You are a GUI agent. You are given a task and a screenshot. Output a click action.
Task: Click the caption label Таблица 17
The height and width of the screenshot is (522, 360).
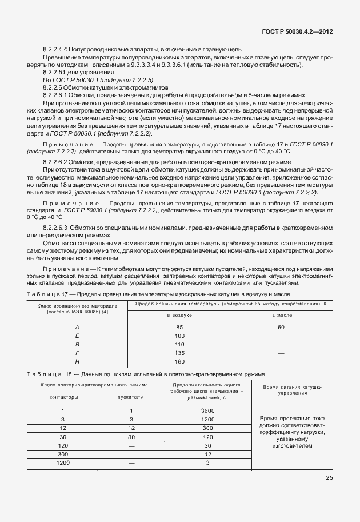(x=51, y=293)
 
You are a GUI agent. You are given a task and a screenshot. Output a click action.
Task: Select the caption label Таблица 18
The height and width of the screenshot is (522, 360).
(x=52, y=374)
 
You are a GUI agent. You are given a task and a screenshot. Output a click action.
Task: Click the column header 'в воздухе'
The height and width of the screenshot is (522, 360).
(x=179, y=315)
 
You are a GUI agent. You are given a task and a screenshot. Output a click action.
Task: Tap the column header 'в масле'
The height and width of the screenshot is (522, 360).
(x=281, y=315)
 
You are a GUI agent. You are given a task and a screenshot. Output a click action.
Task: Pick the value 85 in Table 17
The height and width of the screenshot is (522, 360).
(x=179, y=327)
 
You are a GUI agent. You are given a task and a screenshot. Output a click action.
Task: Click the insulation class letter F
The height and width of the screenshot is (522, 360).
(x=77, y=353)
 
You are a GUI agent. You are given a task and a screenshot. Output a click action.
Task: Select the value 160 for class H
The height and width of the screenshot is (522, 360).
(x=179, y=361)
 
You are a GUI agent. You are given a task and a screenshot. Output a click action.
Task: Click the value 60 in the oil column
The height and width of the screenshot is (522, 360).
(x=281, y=327)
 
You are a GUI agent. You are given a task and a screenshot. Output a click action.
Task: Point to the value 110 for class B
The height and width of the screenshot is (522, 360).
(x=179, y=344)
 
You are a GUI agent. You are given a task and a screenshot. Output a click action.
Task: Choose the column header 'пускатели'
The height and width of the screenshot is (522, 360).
(x=131, y=396)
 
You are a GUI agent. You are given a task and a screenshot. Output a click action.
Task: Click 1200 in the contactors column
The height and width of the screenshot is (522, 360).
(x=63, y=462)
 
